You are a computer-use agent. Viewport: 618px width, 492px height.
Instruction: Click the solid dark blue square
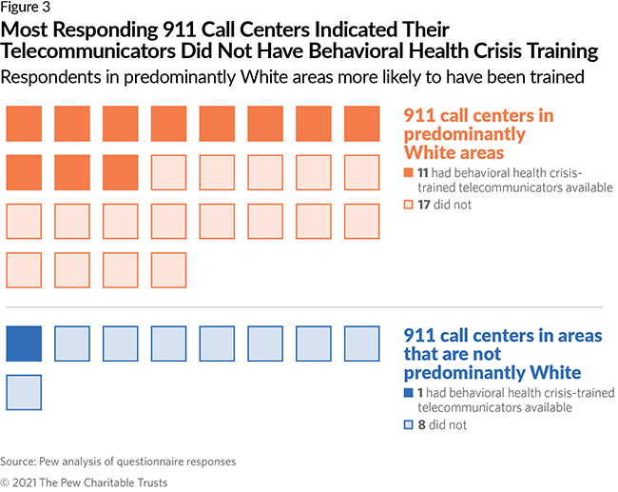coord(24,344)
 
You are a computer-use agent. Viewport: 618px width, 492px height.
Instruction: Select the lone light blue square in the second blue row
coord(24,392)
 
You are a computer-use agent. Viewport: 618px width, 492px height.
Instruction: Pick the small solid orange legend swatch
coord(408,172)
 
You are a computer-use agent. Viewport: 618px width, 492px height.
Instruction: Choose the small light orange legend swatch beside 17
coord(408,204)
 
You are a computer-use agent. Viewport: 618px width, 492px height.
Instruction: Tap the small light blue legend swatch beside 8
coord(408,425)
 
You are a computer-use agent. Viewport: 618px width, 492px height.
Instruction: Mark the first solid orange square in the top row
coord(24,124)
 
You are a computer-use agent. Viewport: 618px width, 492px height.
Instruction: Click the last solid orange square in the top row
coord(362,124)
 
